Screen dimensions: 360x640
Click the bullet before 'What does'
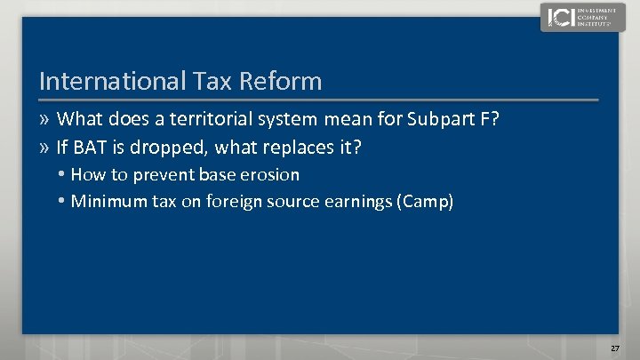click(x=45, y=119)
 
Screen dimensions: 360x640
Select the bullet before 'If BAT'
click(x=45, y=147)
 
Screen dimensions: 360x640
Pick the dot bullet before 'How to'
click(x=62, y=174)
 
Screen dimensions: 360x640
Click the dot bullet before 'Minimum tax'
click(x=62, y=202)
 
